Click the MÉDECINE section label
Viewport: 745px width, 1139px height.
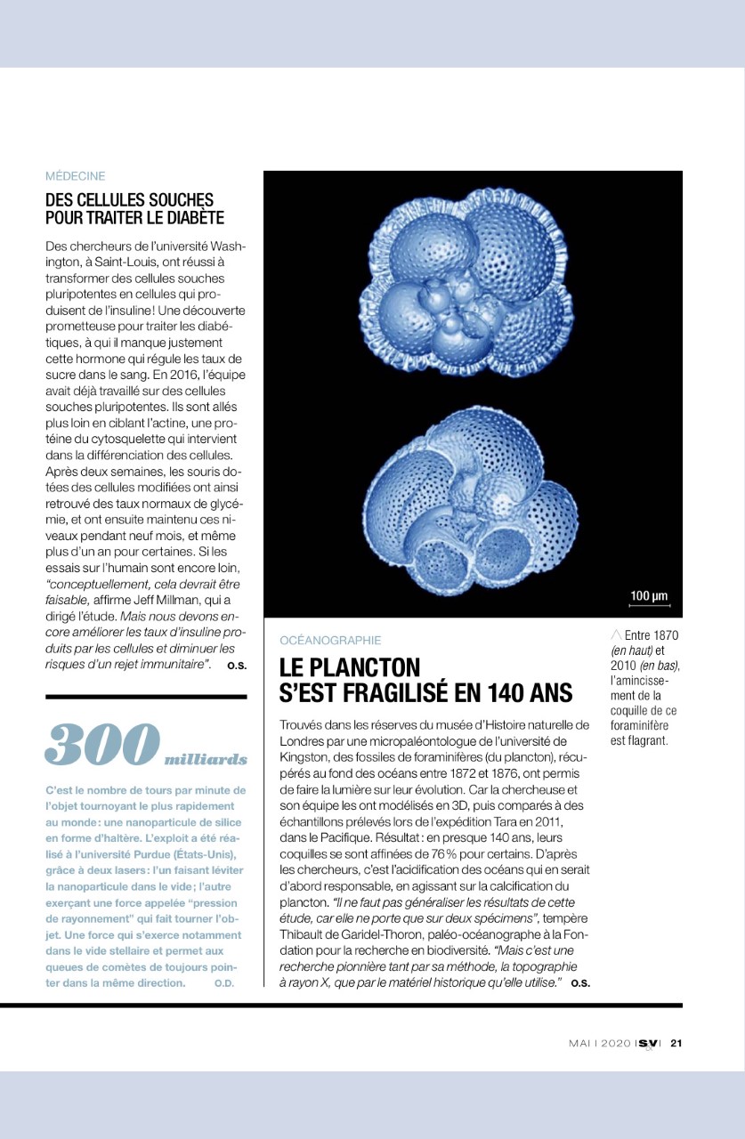[75, 176]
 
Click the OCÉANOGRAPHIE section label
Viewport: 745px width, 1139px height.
[330, 640]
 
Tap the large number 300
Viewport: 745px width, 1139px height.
[101, 745]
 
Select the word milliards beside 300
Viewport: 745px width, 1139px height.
[206, 759]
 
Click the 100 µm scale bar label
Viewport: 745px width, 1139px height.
[648, 596]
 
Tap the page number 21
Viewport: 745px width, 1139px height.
[676, 1044]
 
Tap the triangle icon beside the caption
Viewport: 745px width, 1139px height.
[616, 634]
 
